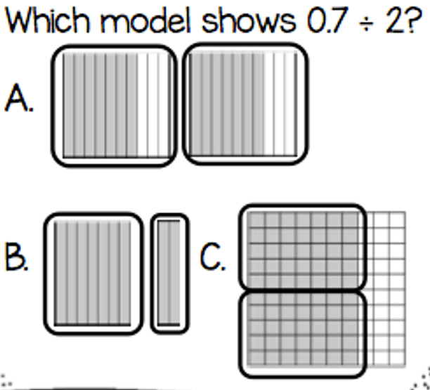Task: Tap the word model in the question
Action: (145, 20)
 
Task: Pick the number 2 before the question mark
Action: (394, 20)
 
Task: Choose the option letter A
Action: (19, 97)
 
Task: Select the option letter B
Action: (16, 257)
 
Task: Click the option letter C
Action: (213, 257)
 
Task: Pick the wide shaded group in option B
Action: (93, 273)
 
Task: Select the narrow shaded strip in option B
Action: (169, 273)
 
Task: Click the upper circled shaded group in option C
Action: (303, 247)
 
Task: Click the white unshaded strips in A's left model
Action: (155, 105)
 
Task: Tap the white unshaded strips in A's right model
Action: (280, 105)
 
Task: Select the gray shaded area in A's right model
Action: (227, 105)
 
